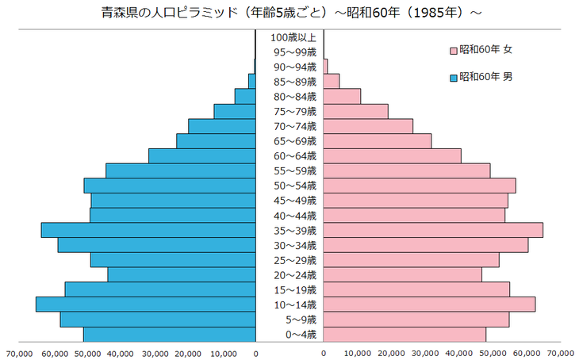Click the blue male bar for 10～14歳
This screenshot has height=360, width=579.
click(146, 304)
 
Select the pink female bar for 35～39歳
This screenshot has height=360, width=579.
click(433, 230)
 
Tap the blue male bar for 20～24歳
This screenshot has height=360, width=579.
click(182, 274)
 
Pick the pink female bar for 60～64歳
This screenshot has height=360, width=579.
click(392, 155)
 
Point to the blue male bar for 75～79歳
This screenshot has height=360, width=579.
click(235, 111)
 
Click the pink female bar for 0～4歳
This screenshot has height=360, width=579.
click(405, 335)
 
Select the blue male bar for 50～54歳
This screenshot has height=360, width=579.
click(170, 186)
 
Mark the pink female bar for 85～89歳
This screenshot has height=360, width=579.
click(332, 81)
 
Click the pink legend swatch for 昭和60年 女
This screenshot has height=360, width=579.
click(454, 51)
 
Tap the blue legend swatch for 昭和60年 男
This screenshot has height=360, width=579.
click(454, 78)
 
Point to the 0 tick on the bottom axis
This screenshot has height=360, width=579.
click(255, 353)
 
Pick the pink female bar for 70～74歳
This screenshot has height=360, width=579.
click(368, 126)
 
